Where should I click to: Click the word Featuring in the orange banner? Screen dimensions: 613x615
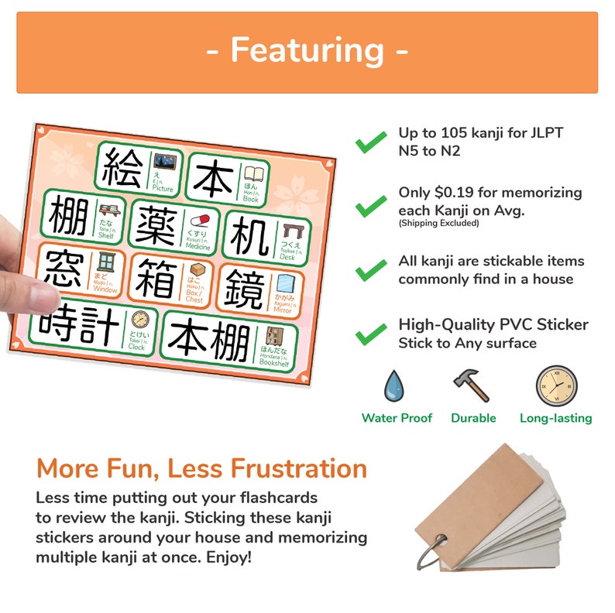(x=307, y=51)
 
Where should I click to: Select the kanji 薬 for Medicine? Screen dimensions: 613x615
(x=157, y=224)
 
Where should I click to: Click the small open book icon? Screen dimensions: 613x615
(x=255, y=175)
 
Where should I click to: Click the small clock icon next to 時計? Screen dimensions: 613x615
(x=139, y=321)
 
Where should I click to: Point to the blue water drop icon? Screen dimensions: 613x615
(x=396, y=385)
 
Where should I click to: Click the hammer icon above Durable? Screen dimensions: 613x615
(x=471, y=385)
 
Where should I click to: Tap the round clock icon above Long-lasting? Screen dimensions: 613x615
(x=556, y=385)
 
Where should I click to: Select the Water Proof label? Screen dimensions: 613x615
(x=397, y=418)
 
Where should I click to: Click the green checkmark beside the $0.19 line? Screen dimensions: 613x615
(x=371, y=204)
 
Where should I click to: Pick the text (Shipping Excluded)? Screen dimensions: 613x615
(x=438, y=224)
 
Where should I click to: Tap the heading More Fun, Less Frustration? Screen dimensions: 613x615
(x=201, y=468)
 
